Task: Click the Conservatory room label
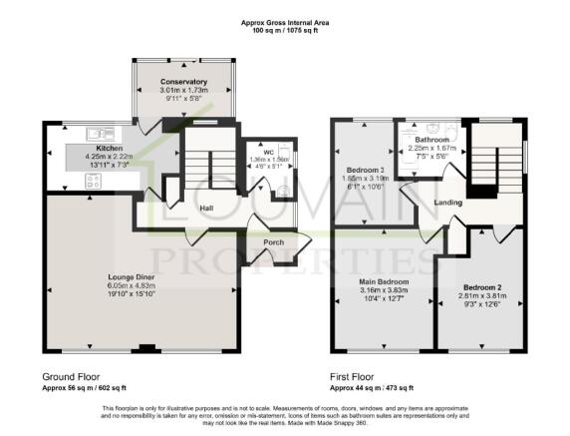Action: [x=183, y=81]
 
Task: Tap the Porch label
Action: [x=274, y=242]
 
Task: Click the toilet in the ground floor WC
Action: [x=284, y=194]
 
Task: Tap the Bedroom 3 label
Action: [x=366, y=169]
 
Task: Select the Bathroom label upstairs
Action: [x=432, y=140]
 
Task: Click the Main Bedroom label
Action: [x=384, y=281]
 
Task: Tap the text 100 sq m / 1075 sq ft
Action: [x=285, y=31]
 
